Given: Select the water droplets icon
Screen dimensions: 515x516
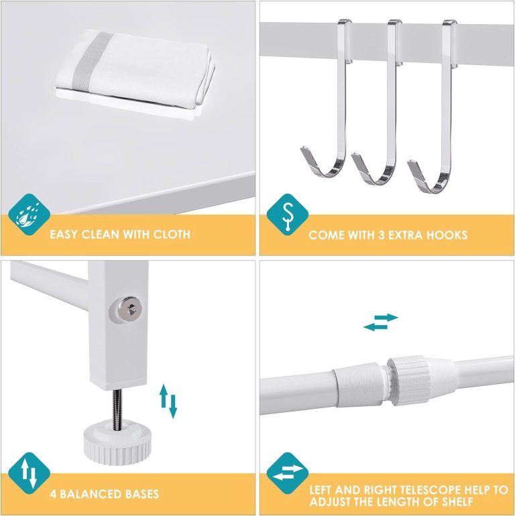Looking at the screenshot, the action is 29,214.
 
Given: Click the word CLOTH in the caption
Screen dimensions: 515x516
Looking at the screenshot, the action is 172,235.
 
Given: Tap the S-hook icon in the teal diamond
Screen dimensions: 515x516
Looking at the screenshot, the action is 288,214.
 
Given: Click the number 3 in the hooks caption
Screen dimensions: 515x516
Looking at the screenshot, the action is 381,235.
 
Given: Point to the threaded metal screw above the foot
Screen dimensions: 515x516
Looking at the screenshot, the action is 117,409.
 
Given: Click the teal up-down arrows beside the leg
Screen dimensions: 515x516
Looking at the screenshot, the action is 168,401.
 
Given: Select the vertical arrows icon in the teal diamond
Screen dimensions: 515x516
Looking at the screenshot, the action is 29,474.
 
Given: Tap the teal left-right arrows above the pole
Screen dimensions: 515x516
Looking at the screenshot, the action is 381,322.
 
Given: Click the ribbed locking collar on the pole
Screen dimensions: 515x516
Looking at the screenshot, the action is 408,381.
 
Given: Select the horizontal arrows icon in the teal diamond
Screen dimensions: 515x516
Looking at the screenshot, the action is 288,474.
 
